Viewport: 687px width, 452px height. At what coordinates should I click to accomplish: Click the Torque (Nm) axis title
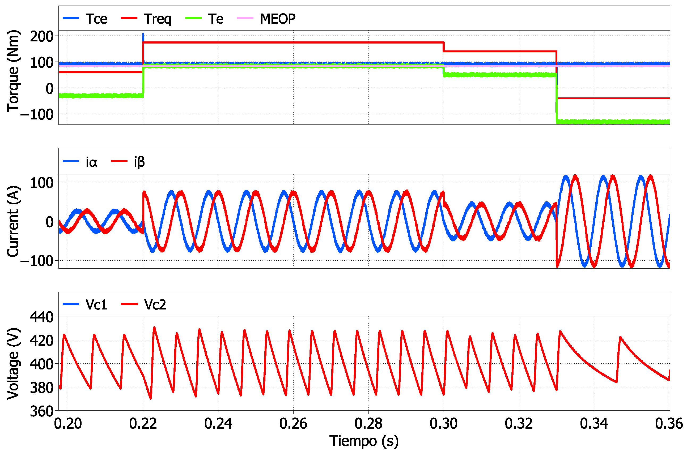(x=13, y=71)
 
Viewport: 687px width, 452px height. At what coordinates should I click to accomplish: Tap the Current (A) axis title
(x=13, y=221)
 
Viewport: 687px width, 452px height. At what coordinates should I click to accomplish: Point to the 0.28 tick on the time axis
(x=368, y=423)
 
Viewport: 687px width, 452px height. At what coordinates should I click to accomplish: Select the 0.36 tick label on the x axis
(x=669, y=423)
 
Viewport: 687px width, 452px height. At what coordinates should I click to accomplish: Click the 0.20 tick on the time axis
(x=68, y=423)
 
